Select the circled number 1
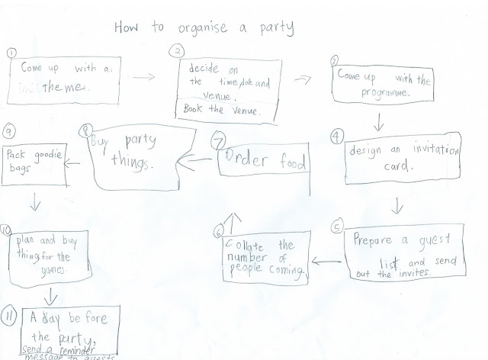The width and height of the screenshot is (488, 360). (x=10, y=52)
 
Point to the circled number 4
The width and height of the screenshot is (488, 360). (x=336, y=137)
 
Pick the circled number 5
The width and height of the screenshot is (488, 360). (x=336, y=227)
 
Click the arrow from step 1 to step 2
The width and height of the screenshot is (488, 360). (x=144, y=77)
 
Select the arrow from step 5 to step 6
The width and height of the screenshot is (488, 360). (x=326, y=263)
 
